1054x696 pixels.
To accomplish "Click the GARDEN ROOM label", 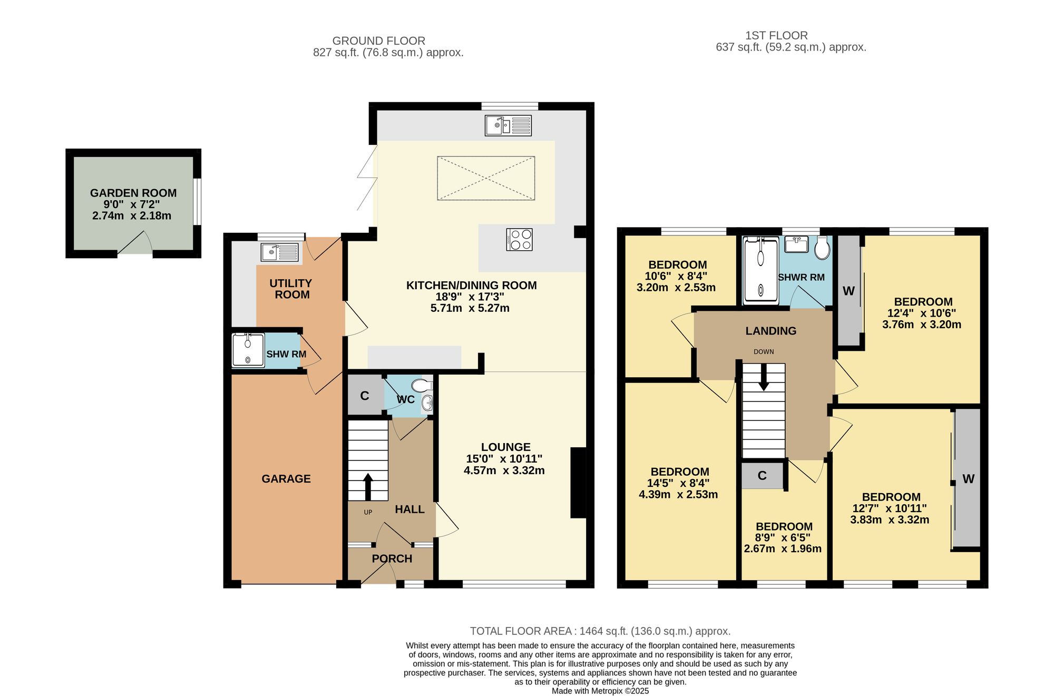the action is click(x=133, y=193).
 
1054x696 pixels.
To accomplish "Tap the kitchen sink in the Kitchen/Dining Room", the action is click(x=508, y=125).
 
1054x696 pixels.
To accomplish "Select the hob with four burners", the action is click(x=519, y=239).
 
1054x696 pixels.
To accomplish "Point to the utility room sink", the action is click(x=279, y=252).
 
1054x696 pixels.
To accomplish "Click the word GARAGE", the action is click(x=286, y=479).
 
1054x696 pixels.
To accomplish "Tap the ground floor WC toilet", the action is click(x=422, y=385).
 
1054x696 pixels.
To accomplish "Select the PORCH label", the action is click(x=392, y=558).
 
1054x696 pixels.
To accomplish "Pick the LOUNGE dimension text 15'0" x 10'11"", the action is click(x=504, y=459).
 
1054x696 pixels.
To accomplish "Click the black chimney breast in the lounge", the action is click(x=578, y=483).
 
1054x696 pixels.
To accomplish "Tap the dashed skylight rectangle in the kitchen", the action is click(x=486, y=178).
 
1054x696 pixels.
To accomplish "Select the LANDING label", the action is click(x=771, y=331).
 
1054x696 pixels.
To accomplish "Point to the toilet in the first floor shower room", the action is click(x=822, y=248).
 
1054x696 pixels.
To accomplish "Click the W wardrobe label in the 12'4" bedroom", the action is click(x=848, y=291).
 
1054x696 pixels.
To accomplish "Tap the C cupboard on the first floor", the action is click(x=762, y=476).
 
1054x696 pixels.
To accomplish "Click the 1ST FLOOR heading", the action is click(x=776, y=35).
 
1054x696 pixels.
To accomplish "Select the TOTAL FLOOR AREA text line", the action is click(x=600, y=631).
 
